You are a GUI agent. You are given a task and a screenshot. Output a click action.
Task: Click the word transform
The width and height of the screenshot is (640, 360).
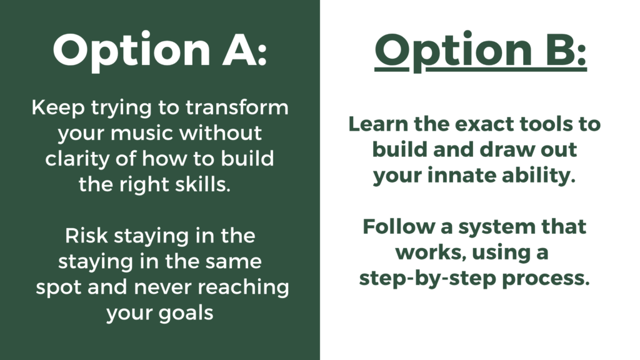237,107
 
